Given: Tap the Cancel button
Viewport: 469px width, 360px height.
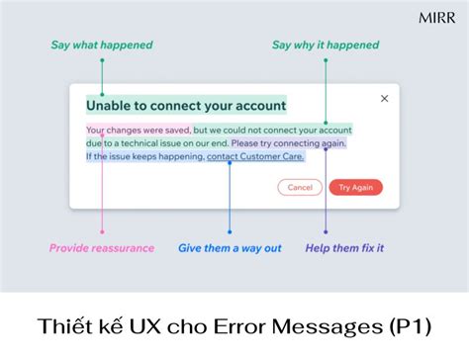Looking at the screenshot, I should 299,187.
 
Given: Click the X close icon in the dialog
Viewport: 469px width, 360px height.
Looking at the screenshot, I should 385,99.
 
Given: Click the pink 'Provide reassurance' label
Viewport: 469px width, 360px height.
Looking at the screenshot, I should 102,248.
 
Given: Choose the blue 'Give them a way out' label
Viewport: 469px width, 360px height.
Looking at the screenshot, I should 230,248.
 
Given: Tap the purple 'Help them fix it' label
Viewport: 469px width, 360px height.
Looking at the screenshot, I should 343,248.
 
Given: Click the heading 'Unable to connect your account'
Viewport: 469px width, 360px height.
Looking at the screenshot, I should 186,106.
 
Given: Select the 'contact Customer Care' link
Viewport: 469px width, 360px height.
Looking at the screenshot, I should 255,156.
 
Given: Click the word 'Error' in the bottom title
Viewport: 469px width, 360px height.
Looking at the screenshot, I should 259,327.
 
